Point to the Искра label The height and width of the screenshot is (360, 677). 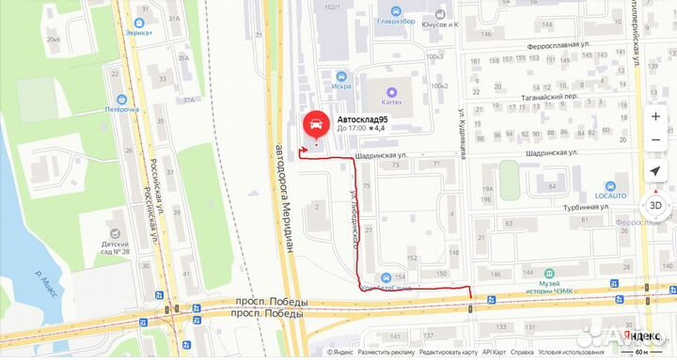pyautogui.click(x=340, y=86)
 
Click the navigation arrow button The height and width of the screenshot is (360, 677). pyautogui.click(x=655, y=171)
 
